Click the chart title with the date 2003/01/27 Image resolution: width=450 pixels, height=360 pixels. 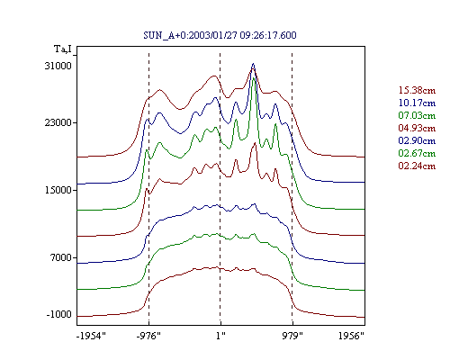click(x=220, y=35)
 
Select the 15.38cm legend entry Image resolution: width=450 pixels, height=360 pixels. click(x=417, y=90)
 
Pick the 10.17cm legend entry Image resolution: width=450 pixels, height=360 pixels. click(x=417, y=103)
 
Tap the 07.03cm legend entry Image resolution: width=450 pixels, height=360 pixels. click(x=417, y=115)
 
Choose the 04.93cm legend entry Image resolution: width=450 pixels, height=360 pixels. click(x=417, y=128)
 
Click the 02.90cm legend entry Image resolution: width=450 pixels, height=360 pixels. click(x=417, y=140)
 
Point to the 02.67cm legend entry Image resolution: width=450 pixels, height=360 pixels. click(x=417, y=153)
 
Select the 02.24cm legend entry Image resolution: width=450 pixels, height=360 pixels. click(x=417, y=166)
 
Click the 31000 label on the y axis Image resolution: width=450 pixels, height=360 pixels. click(x=58, y=66)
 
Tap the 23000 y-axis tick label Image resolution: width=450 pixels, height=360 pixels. click(x=58, y=122)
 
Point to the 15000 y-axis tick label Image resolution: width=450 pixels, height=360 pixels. click(x=58, y=190)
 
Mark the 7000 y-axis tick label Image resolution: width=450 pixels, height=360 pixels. click(x=60, y=257)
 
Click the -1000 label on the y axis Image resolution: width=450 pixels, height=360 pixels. click(x=59, y=314)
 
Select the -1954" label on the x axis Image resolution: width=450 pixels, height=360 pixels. click(x=92, y=336)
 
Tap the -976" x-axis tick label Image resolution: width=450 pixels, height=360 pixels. click(x=148, y=336)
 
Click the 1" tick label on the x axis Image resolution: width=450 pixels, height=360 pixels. click(x=220, y=336)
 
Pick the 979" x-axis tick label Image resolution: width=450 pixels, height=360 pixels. click(x=292, y=336)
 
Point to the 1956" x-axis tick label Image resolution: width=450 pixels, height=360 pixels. click(x=351, y=336)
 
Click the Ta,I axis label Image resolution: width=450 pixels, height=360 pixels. click(x=63, y=49)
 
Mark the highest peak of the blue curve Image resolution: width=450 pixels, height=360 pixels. click(x=254, y=64)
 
